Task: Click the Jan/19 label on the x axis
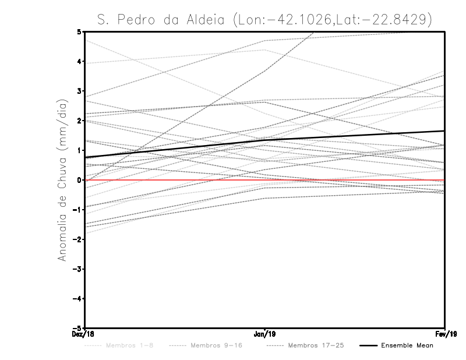pyautogui.click(x=265, y=334)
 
